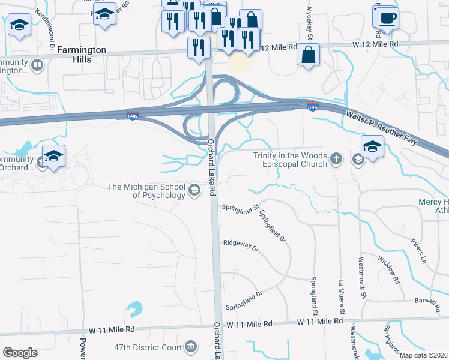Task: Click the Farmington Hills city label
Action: (x=83, y=53)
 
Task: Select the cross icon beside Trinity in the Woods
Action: (x=337, y=159)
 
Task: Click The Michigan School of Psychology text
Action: (x=146, y=191)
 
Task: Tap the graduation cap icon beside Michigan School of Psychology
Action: (x=194, y=191)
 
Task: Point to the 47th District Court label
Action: (x=148, y=347)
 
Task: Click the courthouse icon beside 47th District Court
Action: (x=191, y=346)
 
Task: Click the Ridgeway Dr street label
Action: (x=240, y=245)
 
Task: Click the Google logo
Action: (x=20, y=352)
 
